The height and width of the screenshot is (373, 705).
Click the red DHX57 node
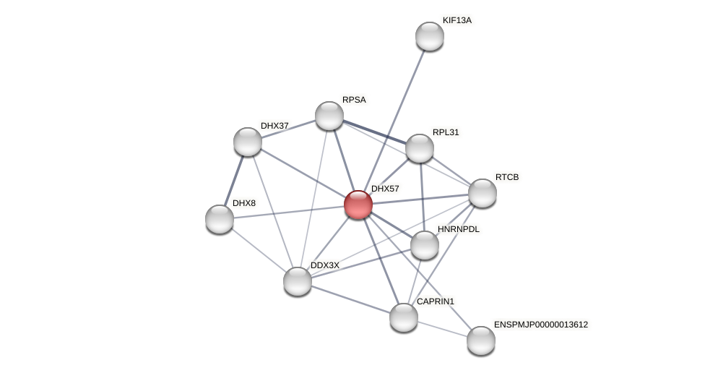coord(358,205)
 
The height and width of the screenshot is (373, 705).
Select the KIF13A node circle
coord(430,36)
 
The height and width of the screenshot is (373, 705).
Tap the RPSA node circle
coord(329,116)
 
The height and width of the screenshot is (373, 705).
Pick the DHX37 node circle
coord(248,142)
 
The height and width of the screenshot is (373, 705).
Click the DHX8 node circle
coord(220,219)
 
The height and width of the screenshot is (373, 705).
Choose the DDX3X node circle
coord(298,281)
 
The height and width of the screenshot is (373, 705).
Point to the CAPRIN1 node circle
coord(404,317)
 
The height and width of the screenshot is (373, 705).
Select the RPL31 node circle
coord(420,148)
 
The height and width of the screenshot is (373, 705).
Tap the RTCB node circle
coord(483,193)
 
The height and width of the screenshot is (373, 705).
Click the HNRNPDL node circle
coord(425,245)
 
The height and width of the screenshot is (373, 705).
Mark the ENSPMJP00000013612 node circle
coord(481,340)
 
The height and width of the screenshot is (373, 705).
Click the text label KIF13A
coord(457,20)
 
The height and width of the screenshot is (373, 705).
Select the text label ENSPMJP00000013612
coord(540,325)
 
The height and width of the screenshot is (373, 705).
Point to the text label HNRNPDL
coord(458,229)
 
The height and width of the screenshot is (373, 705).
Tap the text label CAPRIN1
coord(435,301)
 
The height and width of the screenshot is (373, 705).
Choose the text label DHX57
coord(385,189)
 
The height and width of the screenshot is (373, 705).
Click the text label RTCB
coord(506,177)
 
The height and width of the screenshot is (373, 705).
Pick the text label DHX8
coord(243,203)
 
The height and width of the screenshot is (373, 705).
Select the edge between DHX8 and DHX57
coord(289,212)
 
